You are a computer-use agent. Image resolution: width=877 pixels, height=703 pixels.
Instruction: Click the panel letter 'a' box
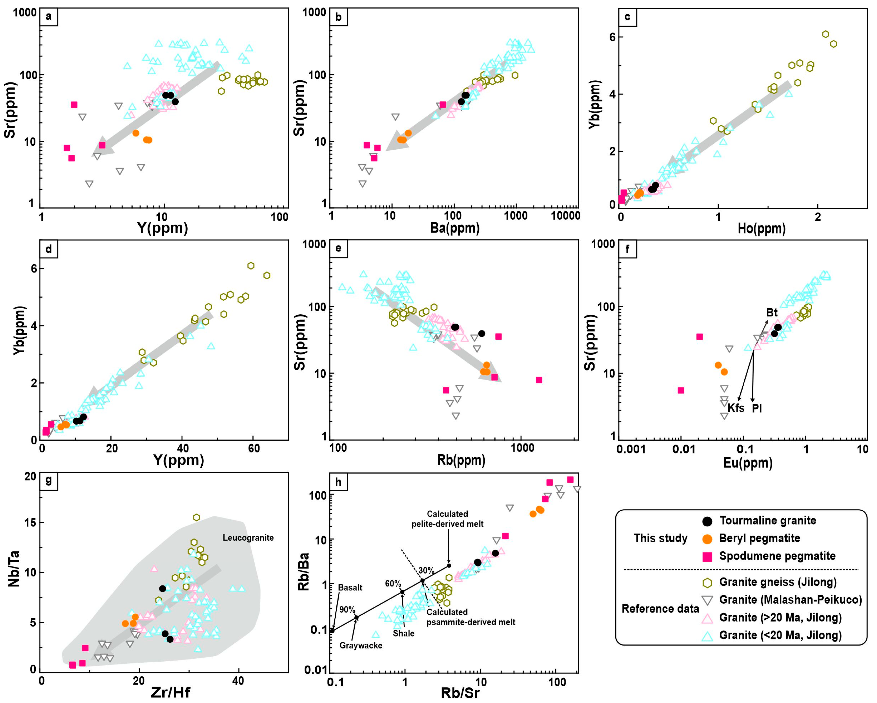point(49,17)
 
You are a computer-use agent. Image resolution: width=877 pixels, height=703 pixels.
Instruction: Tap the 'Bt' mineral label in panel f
point(772,312)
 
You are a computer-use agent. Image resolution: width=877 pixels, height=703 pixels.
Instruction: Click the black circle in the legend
point(708,521)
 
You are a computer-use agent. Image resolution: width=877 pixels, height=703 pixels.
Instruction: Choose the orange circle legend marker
point(708,539)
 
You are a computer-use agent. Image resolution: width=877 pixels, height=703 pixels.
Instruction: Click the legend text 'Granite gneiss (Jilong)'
point(778,582)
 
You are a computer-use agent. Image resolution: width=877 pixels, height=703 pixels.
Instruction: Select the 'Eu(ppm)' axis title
point(748,463)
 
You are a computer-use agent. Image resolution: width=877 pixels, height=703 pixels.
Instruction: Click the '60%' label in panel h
point(393,584)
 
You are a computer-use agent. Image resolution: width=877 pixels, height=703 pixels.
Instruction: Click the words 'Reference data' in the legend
point(660,609)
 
